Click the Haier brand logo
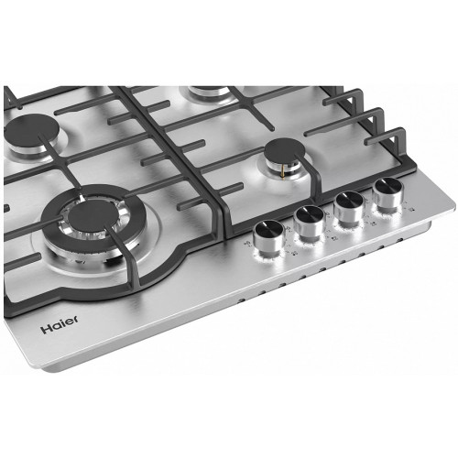[x=60, y=325]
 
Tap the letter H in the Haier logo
[x=46, y=329]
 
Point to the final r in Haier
[x=75, y=320]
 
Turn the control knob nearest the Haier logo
[x=269, y=237]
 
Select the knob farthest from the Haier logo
[x=388, y=193]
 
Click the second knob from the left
[x=309, y=222]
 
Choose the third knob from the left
[x=349, y=208]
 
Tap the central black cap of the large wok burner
[x=92, y=214]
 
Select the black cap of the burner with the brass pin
[x=285, y=151]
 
